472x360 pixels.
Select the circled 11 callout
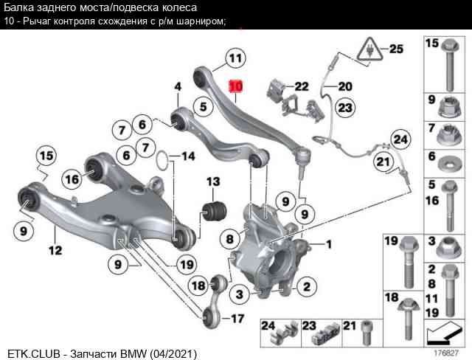[x=234, y=57]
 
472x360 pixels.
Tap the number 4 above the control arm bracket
[x=178, y=88]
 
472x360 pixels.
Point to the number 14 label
[x=187, y=156]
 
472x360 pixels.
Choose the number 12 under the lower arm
[x=55, y=251]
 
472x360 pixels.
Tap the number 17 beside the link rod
[x=237, y=319]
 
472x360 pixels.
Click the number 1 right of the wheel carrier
[x=328, y=244]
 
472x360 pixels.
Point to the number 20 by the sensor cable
[x=345, y=86]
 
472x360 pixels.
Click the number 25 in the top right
[x=396, y=49]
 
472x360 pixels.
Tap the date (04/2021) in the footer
[x=173, y=354]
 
